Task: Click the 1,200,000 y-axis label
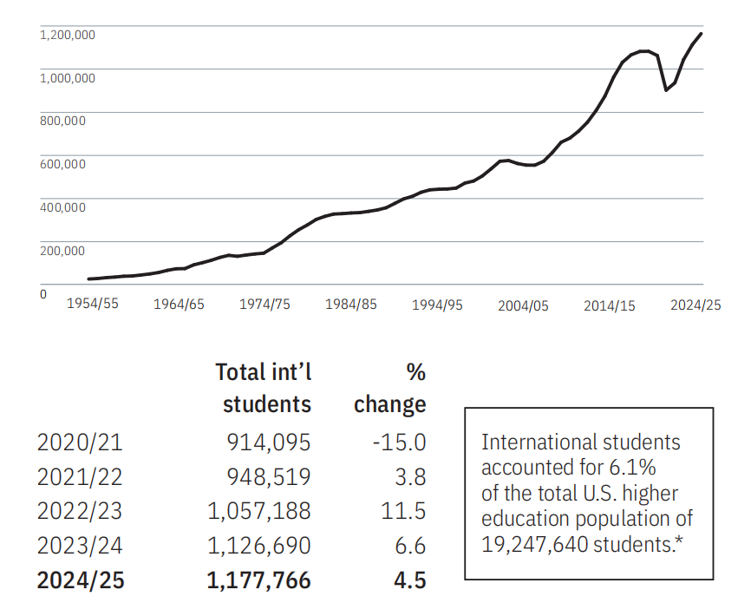click(x=68, y=35)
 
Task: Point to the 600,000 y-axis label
click(x=62, y=164)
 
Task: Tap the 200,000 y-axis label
click(x=62, y=251)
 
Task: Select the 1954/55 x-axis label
click(x=92, y=305)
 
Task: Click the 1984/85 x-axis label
click(x=351, y=305)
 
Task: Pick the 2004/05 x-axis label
click(x=523, y=306)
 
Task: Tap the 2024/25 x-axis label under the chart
click(x=695, y=305)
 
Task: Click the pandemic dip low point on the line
click(x=665, y=90)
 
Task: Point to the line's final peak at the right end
click(x=701, y=34)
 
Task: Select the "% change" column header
click(x=391, y=389)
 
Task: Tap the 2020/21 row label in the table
click(x=80, y=442)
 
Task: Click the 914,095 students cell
click(x=268, y=442)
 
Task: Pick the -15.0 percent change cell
click(x=399, y=442)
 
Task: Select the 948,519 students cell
click(x=268, y=477)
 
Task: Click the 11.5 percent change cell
click(x=404, y=512)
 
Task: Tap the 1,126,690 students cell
click(x=259, y=547)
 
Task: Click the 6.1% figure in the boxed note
click(x=634, y=469)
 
